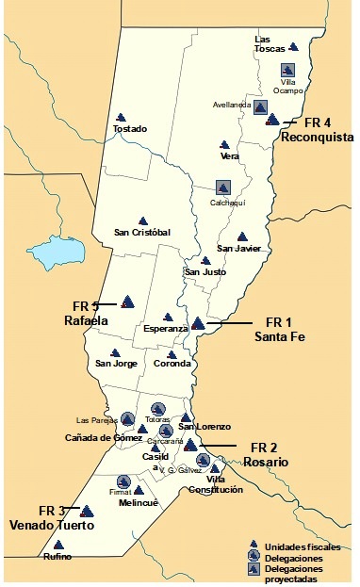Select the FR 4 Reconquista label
(x=318, y=131)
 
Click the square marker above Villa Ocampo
(x=288, y=70)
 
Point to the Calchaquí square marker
(x=222, y=188)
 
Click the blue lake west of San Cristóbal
(x=56, y=253)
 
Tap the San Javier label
(x=238, y=249)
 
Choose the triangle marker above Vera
(x=224, y=144)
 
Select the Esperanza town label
(x=169, y=329)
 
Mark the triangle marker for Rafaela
(x=128, y=302)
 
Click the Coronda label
(x=172, y=364)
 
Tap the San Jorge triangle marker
(x=115, y=353)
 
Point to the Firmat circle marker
(x=123, y=481)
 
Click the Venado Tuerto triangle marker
(x=87, y=511)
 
